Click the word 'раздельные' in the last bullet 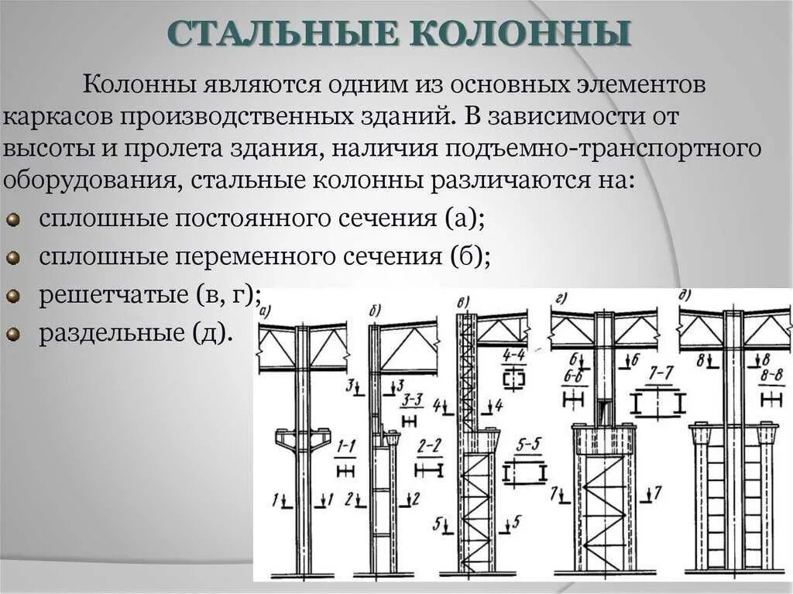point(108,334)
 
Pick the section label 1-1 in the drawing point(345,446)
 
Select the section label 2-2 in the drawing point(428,447)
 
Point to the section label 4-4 point(513,355)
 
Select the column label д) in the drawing point(685,295)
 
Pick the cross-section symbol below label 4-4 point(513,380)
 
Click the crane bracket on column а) point(303,440)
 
